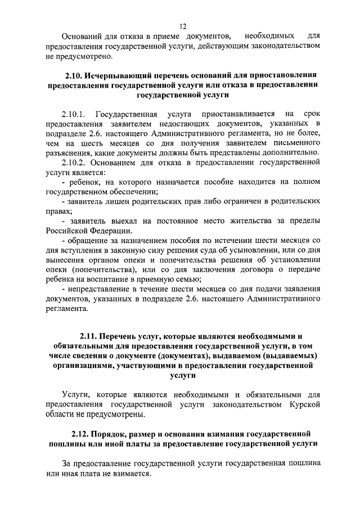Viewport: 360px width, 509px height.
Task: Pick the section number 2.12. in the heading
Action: (83, 434)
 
